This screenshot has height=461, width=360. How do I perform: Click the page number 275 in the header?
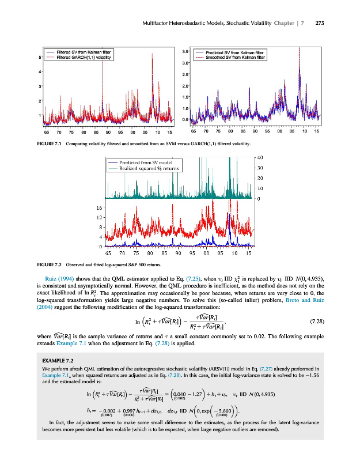pos(320,23)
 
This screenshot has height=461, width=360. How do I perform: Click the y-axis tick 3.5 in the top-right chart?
pos(186,52)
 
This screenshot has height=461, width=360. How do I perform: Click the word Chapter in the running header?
pos(290,23)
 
